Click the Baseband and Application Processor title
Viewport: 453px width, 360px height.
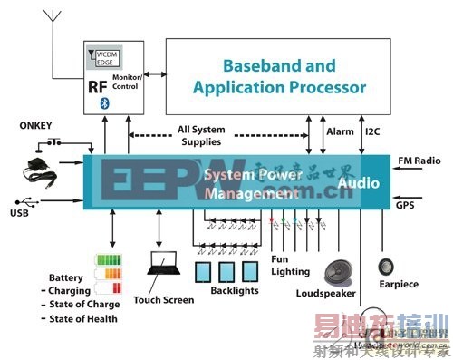(279, 76)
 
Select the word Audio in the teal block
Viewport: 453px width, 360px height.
(359, 181)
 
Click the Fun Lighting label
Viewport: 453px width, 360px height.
(289, 265)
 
